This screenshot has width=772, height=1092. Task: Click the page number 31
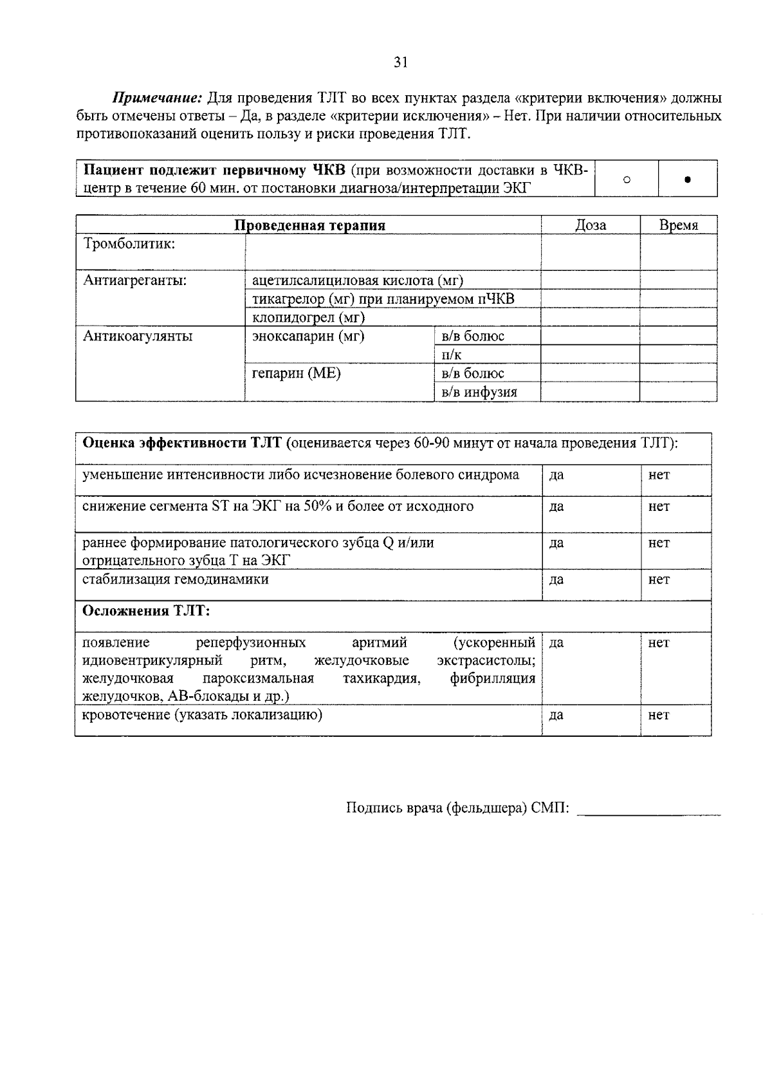coord(400,62)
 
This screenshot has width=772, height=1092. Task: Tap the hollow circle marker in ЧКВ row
coord(627,179)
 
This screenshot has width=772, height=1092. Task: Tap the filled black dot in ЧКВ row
coord(687,180)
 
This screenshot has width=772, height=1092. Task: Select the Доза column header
coord(590,225)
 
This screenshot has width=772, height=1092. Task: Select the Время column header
coord(678,225)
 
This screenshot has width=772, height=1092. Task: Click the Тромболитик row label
coord(129,244)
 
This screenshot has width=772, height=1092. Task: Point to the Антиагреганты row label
coord(135,281)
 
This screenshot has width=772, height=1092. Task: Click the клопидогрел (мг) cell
coord(308,318)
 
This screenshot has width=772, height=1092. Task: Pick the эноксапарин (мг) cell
coord(308,337)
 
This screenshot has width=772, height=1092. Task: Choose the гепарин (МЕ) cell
coord(296,373)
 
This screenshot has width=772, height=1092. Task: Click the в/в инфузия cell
coord(479,392)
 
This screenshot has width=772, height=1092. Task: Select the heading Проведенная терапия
coord(309,225)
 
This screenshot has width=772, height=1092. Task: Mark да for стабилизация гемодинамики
coord(556,580)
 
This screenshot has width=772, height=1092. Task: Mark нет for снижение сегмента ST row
coord(659,507)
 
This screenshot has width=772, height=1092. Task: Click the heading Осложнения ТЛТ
coord(146,611)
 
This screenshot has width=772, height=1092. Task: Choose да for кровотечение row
coord(556,715)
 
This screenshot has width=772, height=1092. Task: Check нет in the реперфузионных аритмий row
coord(659,643)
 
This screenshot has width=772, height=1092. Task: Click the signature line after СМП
coord(649,810)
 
